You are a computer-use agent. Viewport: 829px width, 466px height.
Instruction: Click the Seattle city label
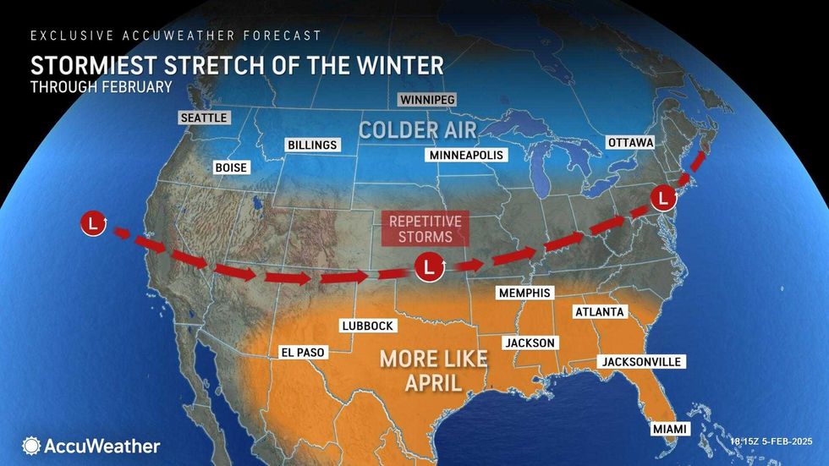pyautogui.click(x=205, y=118)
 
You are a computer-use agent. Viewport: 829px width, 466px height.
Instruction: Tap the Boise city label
pyautogui.click(x=231, y=167)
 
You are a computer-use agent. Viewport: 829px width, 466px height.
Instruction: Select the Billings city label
pyautogui.click(x=312, y=145)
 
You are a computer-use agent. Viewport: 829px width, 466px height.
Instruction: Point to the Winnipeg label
pyautogui.click(x=427, y=101)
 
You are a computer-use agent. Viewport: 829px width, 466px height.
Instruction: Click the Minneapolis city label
pyautogui.click(x=466, y=156)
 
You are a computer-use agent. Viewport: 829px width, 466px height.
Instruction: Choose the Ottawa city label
pyautogui.click(x=631, y=143)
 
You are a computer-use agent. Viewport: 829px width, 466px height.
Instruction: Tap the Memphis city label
pyautogui.click(x=524, y=293)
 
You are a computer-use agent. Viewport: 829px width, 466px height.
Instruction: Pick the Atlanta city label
pyautogui.click(x=599, y=312)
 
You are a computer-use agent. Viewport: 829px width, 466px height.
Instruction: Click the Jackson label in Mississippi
pyautogui.click(x=530, y=343)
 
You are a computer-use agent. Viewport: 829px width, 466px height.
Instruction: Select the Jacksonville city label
pyautogui.click(x=641, y=362)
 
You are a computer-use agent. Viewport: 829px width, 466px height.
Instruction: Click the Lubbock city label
pyautogui.click(x=367, y=325)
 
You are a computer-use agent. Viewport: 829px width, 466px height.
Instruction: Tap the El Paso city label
pyautogui.click(x=302, y=353)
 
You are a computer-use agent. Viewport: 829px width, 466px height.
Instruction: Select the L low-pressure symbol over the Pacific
pyautogui.click(x=93, y=224)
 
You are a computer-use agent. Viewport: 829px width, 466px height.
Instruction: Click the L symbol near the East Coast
pyautogui.click(x=664, y=200)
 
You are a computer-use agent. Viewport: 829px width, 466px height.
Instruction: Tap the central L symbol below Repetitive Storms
pyautogui.click(x=430, y=268)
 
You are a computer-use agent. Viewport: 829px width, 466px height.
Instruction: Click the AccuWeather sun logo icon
pyautogui.click(x=31, y=445)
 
